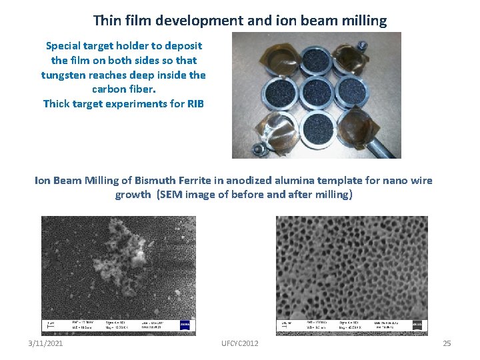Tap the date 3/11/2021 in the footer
(x=46, y=343)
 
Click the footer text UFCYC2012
(x=240, y=343)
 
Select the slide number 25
(x=447, y=343)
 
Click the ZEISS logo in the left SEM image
(x=185, y=325)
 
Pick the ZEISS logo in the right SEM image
(x=417, y=325)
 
